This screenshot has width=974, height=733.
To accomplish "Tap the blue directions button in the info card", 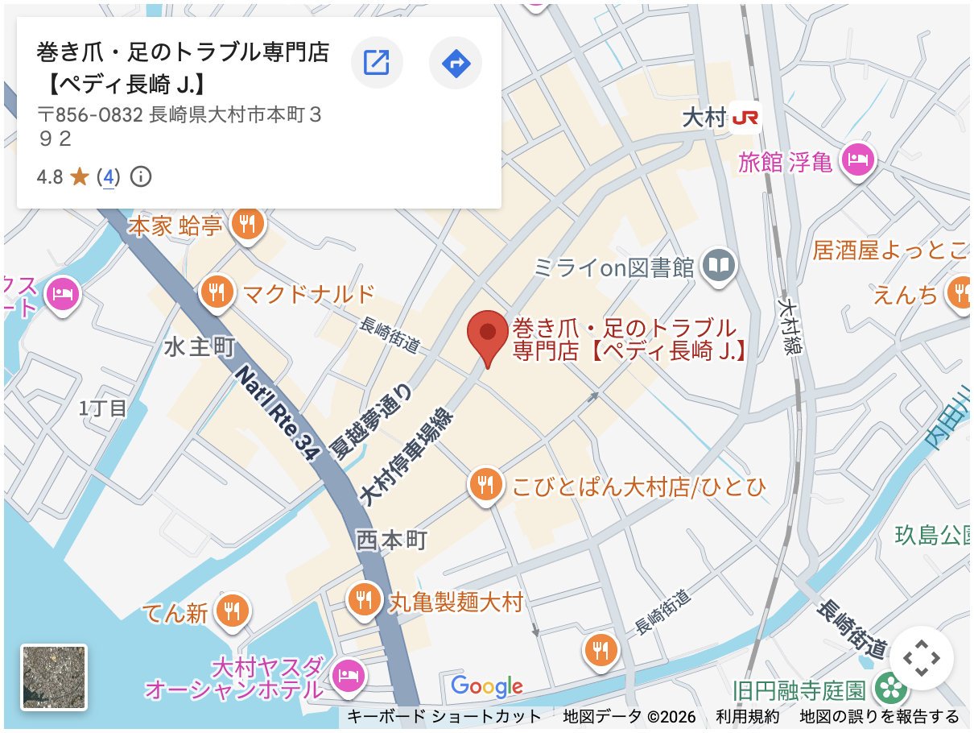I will (x=456, y=62).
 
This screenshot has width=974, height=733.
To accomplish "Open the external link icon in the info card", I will (x=377, y=62).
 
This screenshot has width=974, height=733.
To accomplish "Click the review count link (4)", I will (x=107, y=176).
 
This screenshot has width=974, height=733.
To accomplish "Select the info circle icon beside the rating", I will (x=141, y=176).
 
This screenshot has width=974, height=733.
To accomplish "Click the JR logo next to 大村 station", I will (x=745, y=118).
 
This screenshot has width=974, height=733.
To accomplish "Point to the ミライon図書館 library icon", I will (x=720, y=265).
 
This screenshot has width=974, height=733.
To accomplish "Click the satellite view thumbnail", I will (x=54, y=677).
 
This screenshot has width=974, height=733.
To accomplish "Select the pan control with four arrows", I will (x=921, y=658).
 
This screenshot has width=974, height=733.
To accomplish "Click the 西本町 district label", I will (x=392, y=540).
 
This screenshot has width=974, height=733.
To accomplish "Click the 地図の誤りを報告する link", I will (x=879, y=716).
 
